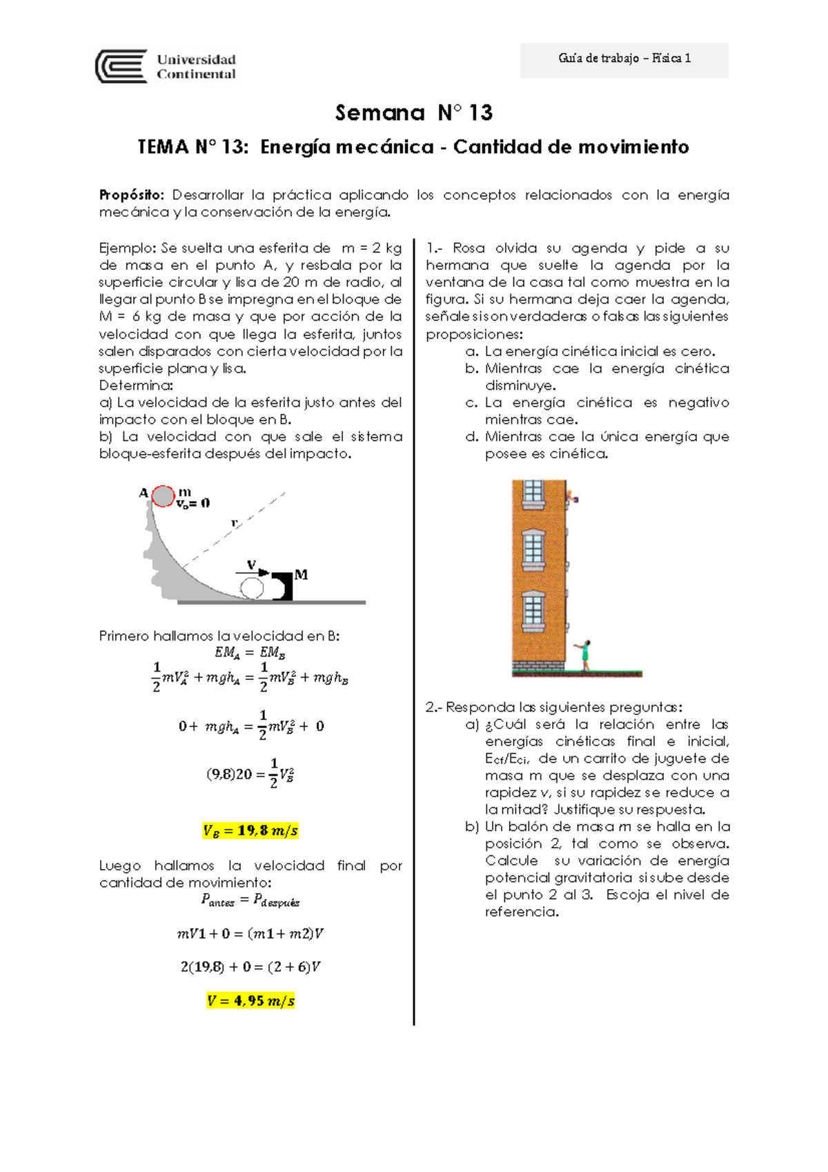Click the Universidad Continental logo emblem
[x=121, y=66]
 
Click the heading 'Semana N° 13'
[x=413, y=113]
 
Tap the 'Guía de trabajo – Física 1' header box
[x=624, y=59]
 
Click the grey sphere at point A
[x=164, y=496]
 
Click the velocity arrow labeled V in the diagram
[x=253, y=572]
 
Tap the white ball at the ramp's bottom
[x=252, y=589]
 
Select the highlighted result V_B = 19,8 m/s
[x=250, y=830]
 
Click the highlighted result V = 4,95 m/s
[x=250, y=1000]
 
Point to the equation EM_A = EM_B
[x=250, y=652]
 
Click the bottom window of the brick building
[x=533, y=612]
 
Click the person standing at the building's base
[x=585, y=654]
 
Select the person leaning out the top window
[x=572, y=496]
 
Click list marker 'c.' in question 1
[x=471, y=402]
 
